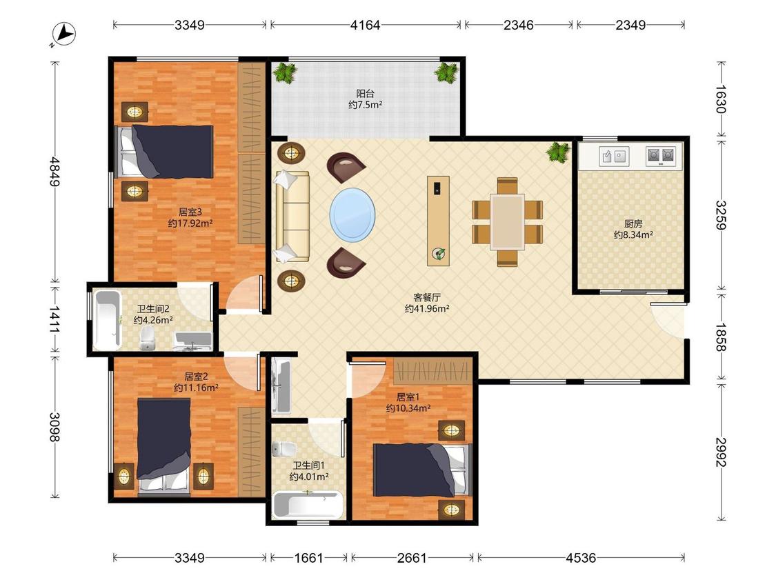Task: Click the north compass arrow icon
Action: click(x=63, y=34)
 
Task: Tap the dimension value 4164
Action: click(x=365, y=25)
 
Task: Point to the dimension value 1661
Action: click(x=308, y=559)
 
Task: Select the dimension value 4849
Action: click(x=54, y=171)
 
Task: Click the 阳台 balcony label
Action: click(x=365, y=93)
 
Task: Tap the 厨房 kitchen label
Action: click(x=633, y=223)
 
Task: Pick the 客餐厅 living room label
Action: click(x=426, y=297)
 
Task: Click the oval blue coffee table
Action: click(x=352, y=214)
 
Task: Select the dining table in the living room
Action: click(x=507, y=222)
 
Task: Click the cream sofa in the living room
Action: click(x=292, y=217)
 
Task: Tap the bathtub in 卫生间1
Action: click(x=308, y=505)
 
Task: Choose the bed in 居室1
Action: click(x=421, y=470)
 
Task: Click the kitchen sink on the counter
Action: click(x=614, y=157)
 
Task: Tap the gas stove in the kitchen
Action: click(x=661, y=156)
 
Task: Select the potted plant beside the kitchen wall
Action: click(x=559, y=152)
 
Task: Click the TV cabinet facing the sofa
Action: click(x=439, y=221)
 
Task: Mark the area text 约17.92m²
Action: click(x=190, y=223)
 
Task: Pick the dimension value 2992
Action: click(x=721, y=452)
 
